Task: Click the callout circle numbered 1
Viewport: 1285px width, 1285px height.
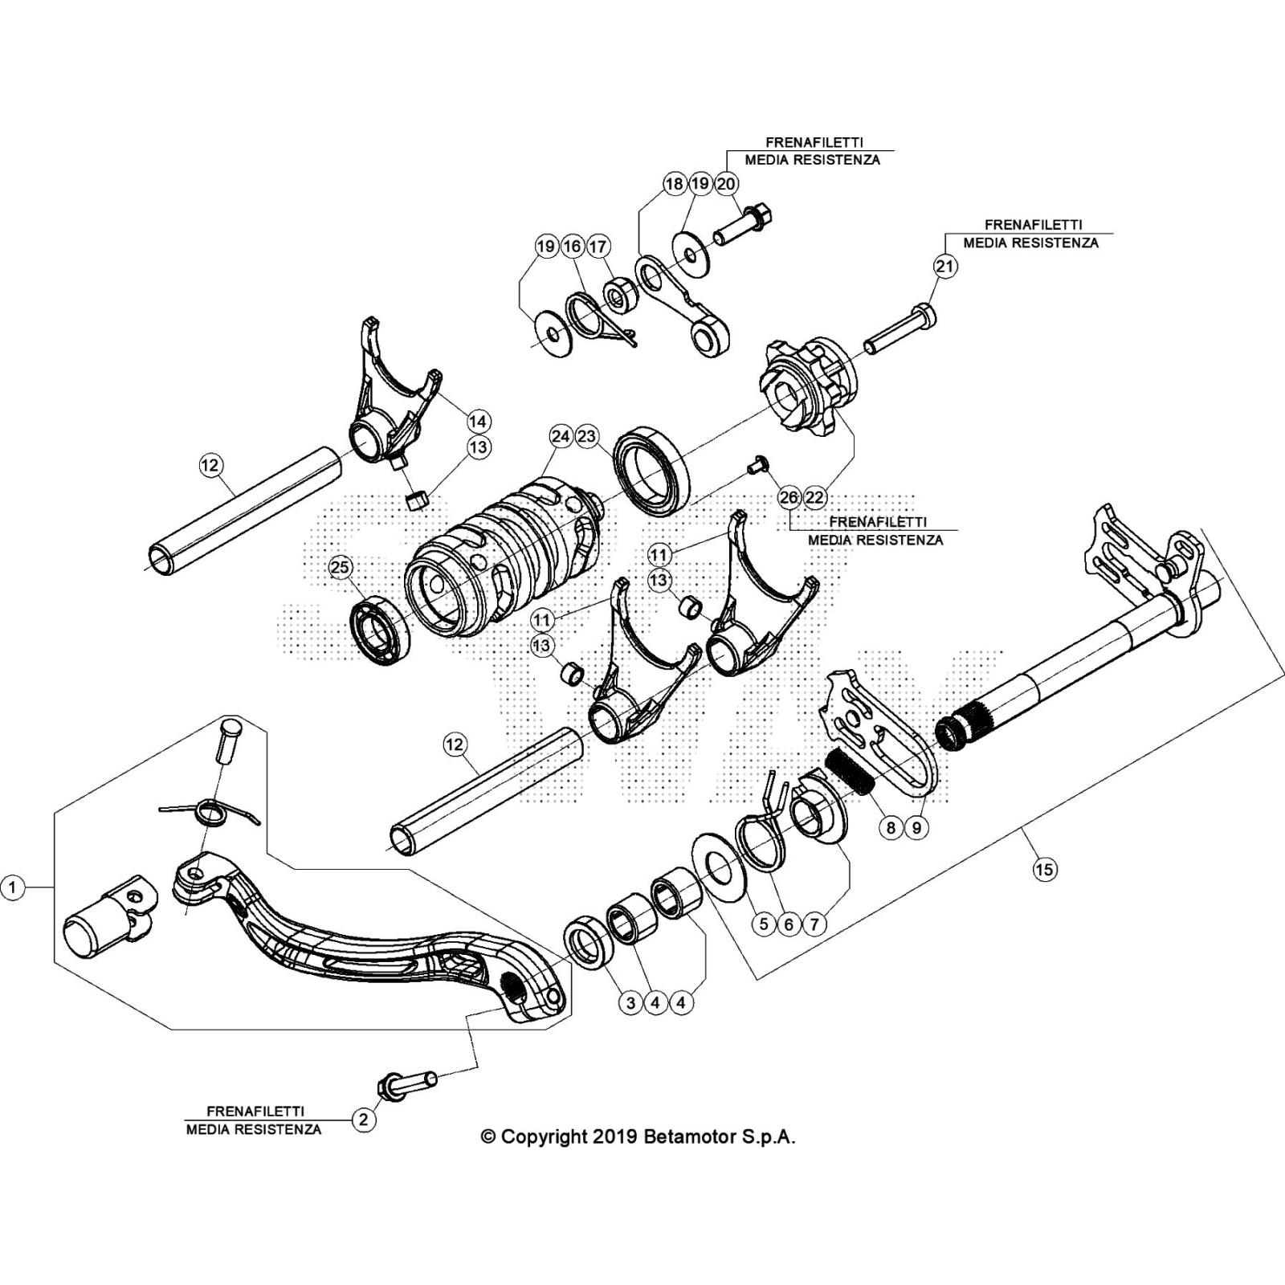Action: point(12,887)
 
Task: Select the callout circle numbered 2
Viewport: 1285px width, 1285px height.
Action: point(364,1120)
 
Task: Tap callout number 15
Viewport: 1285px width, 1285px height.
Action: point(1045,869)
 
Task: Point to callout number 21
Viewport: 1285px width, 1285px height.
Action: point(946,266)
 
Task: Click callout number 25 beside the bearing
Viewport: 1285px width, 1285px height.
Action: point(340,568)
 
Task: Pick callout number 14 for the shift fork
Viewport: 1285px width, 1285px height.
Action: point(478,421)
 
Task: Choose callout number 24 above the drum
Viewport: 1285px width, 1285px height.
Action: point(561,436)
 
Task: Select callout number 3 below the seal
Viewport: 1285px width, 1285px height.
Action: point(630,1002)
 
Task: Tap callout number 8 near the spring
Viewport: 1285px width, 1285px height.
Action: point(891,827)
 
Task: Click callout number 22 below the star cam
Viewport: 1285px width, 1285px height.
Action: point(814,498)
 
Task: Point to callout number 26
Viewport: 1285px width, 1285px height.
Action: point(789,498)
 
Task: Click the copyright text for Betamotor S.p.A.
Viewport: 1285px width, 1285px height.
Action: point(638,1137)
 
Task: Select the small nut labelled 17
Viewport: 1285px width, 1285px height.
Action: point(618,296)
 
